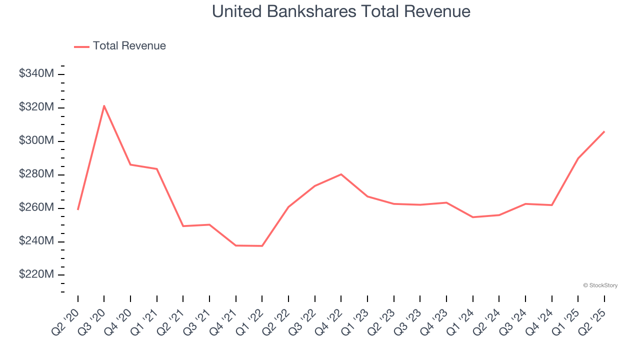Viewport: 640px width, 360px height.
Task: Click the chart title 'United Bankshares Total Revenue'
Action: (x=341, y=11)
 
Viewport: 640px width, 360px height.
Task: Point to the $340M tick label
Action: (x=36, y=74)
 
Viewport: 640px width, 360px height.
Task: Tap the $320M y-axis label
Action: (x=36, y=107)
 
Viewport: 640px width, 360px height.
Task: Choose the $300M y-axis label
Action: (x=36, y=141)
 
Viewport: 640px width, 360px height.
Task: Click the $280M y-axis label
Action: (x=36, y=174)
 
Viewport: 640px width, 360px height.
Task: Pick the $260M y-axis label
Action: (x=36, y=208)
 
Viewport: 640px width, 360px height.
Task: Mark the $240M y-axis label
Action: (x=36, y=241)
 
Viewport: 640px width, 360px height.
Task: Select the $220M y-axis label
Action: (x=36, y=275)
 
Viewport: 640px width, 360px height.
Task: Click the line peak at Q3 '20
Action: (x=104, y=105)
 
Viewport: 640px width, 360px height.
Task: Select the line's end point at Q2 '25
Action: (x=604, y=131)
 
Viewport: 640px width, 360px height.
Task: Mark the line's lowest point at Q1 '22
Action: (x=262, y=246)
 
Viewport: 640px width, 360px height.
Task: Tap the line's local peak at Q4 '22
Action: (x=341, y=174)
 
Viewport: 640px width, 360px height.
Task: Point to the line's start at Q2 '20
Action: (x=78, y=209)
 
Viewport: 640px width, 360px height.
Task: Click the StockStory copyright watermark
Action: (x=600, y=285)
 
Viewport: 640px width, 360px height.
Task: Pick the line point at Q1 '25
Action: (x=578, y=158)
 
